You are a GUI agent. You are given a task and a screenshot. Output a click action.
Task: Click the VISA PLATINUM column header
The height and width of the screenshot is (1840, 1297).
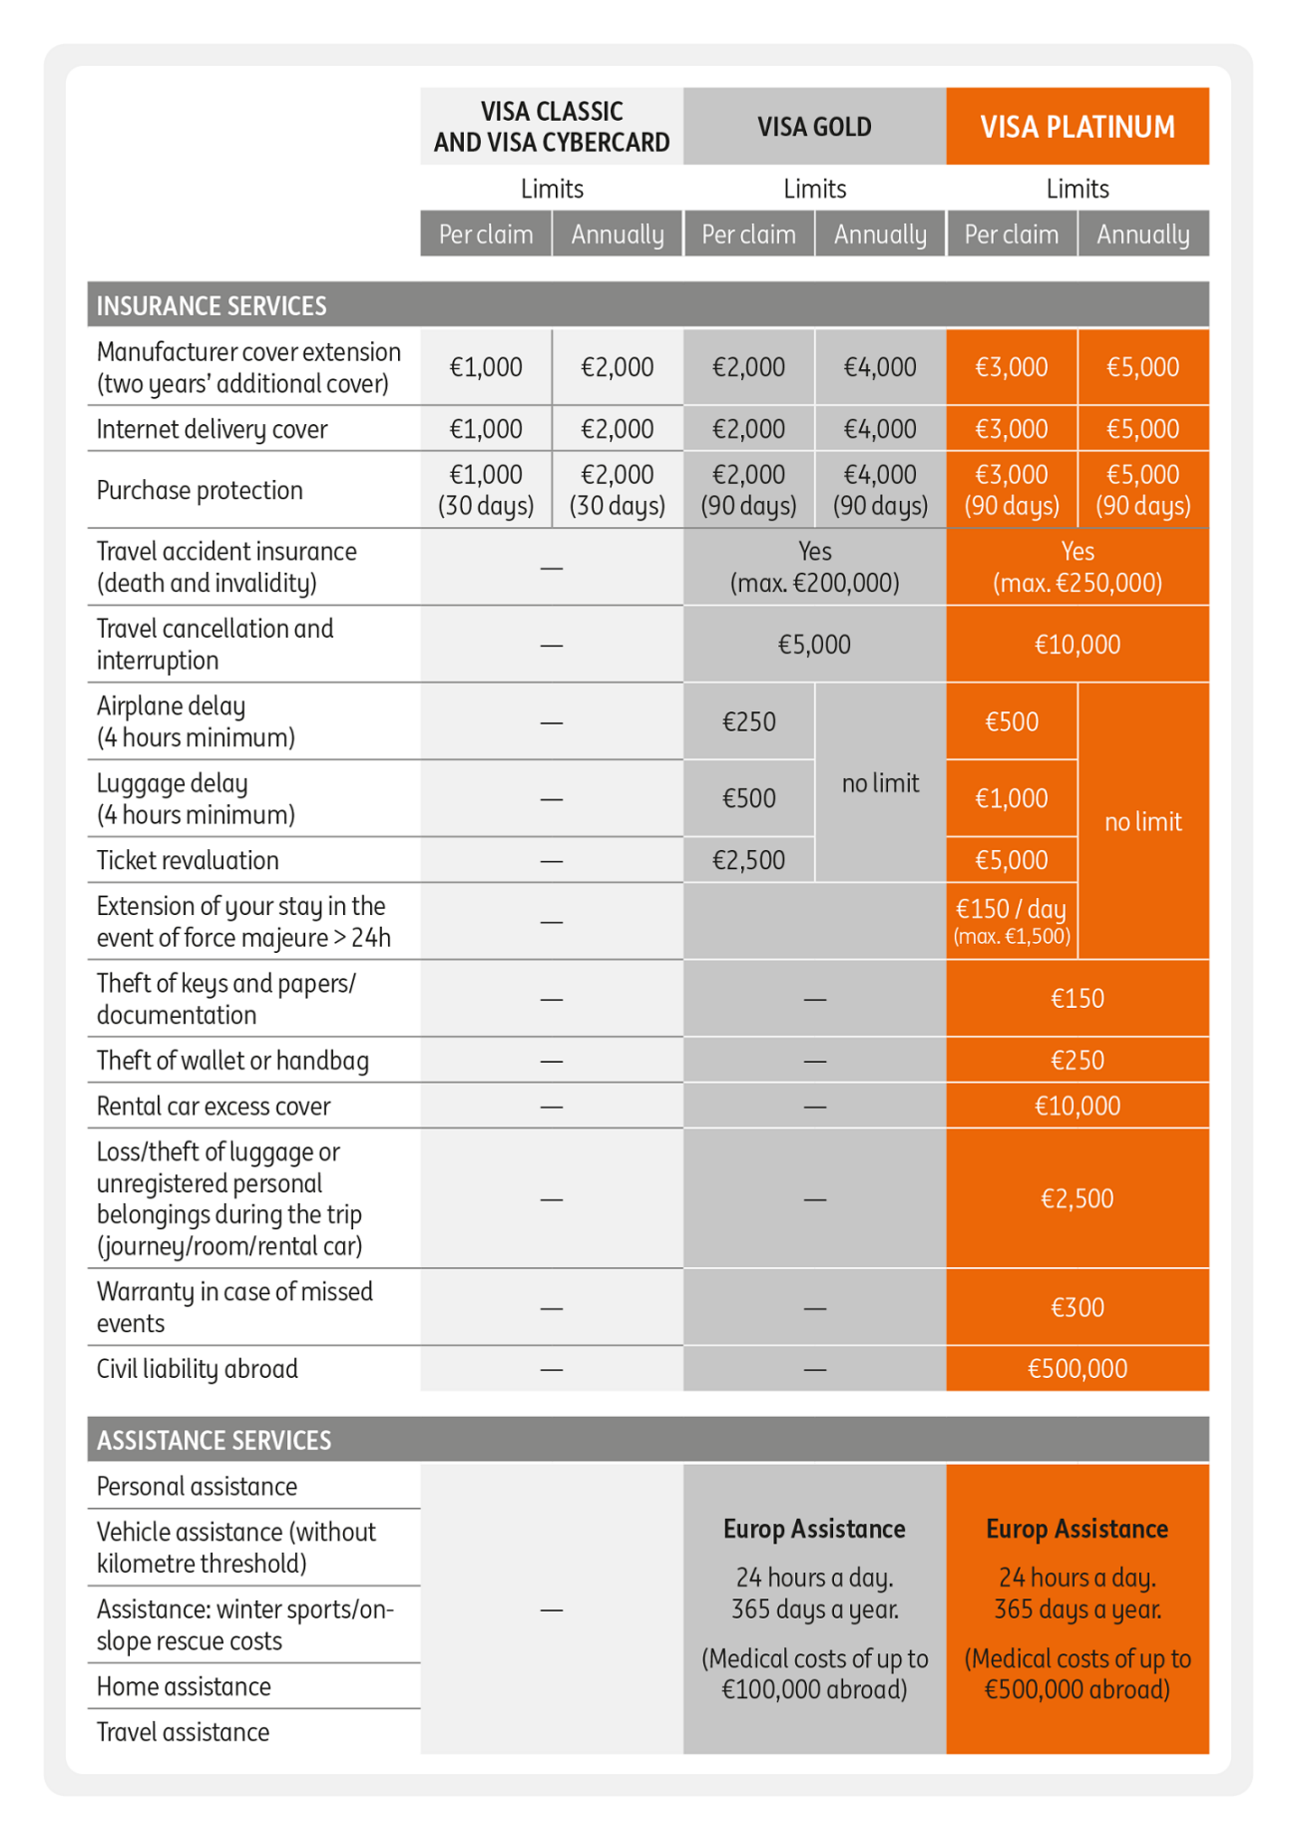click(x=1078, y=127)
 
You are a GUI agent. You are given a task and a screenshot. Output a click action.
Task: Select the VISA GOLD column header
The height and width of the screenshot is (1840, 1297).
click(x=814, y=127)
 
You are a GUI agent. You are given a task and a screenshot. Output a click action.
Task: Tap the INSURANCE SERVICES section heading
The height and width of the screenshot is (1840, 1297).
click(x=212, y=305)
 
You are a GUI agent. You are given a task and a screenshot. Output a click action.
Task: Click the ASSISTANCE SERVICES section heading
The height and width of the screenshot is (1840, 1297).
click(x=214, y=1440)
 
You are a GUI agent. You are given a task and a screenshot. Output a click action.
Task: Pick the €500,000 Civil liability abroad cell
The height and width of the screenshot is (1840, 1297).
click(x=1078, y=1368)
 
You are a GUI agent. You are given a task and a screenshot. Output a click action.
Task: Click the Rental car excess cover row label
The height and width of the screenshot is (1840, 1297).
click(x=214, y=1106)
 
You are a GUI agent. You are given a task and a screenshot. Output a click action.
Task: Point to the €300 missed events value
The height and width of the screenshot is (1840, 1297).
click(x=1078, y=1307)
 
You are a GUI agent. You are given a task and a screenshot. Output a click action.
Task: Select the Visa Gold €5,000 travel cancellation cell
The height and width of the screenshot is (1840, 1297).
click(x=814, y=645)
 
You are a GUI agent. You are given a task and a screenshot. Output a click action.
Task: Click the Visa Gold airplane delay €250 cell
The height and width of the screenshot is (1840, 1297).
click(x=749, y=721)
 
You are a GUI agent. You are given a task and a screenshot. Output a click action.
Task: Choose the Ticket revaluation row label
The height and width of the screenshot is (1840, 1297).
click(x=188, y=860)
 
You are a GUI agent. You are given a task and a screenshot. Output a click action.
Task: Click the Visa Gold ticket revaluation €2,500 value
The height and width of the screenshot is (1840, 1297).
click(x=749, y=860)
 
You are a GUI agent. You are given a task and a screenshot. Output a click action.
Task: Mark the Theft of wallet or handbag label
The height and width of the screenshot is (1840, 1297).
click(x=232, y=1060)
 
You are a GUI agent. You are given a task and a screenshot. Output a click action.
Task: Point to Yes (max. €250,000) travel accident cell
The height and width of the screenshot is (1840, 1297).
click(x=1078, y=567)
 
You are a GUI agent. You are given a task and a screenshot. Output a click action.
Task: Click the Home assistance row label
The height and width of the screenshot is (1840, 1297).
click(x=184, y=1686)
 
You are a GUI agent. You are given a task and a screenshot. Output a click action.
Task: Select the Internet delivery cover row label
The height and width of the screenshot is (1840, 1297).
click(x=212, y=429)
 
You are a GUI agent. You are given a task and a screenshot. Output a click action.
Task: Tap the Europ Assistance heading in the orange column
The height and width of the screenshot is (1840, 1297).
click(x=1078, y=1529)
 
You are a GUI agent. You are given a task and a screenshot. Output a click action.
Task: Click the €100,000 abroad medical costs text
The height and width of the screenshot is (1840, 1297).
click(x=814, y=1689)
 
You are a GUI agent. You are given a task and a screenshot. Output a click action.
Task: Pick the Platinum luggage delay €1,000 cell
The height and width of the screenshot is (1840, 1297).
click(x=1012, y=798)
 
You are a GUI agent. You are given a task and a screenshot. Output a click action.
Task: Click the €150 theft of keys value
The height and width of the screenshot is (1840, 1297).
click(x=1078, y=998)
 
